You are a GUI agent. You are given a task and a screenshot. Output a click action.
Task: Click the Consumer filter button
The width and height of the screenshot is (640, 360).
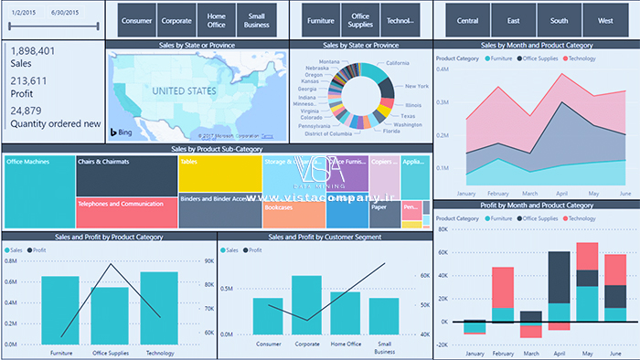tap(137, 19)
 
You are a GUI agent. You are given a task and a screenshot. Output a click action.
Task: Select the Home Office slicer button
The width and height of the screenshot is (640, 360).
tap(217, 19)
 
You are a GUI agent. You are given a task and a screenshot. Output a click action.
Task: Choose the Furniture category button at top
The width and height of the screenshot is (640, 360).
tap(320, 19)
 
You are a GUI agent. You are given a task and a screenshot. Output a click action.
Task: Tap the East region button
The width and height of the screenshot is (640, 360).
tap(516, 19)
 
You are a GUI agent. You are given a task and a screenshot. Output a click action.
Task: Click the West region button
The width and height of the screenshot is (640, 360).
tap(605, 19)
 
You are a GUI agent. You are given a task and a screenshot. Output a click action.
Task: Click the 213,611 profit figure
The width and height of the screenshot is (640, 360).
tap(28, 81)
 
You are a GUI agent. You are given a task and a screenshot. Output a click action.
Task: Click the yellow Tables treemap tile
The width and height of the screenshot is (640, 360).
tap(219, 174)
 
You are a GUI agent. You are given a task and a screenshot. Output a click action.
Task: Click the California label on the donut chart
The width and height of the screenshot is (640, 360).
tap(391, 63)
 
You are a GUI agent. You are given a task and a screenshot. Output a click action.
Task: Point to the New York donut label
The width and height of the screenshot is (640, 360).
tap(416, 86)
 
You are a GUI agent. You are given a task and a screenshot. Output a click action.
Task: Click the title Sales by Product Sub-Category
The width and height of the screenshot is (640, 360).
tap(217, 147)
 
